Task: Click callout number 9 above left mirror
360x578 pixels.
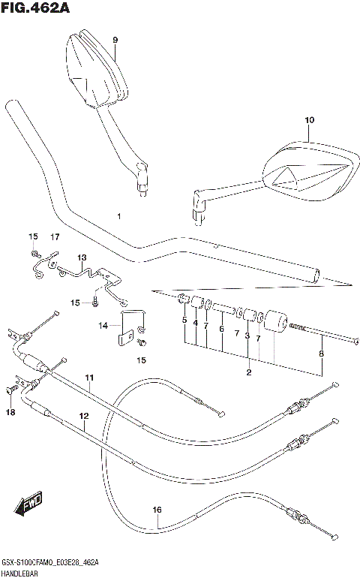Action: [x=115, y=40]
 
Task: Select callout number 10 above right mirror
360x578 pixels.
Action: [x=310, y=120]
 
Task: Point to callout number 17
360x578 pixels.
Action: [x=55, y=237]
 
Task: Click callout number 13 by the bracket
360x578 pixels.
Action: [x=82, y=257]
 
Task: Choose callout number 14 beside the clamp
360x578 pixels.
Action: [x=104, y=325]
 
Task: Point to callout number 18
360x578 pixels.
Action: [x=10, y=412]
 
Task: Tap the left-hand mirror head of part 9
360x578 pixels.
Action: [x=94, y=68]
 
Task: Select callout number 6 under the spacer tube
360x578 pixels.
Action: [x=222, y=329]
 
